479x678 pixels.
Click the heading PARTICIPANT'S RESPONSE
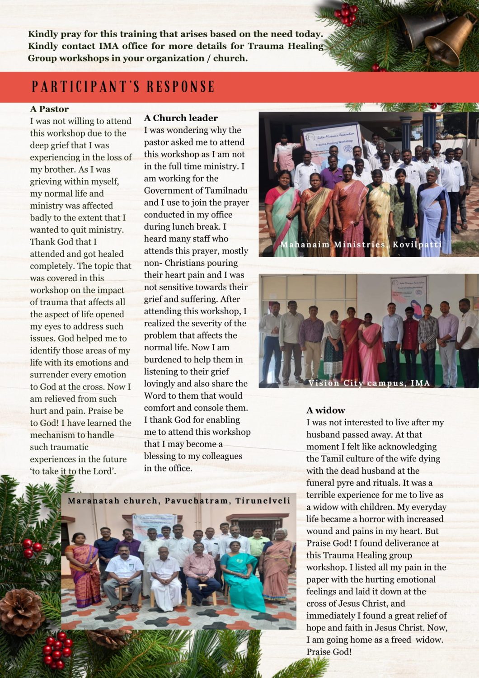(123, 86)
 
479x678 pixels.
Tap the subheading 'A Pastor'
(49, 109)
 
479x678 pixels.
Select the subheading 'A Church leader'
(181, 118)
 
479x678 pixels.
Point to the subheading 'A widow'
(325, 410)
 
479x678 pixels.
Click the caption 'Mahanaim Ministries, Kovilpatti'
(361, 245)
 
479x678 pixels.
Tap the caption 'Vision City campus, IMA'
(369, 383)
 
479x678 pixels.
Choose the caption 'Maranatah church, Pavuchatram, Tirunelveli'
(179, 501)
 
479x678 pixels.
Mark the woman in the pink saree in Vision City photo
(370, 344)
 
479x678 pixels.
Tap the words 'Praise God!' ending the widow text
(329, 652)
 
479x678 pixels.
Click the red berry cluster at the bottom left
(57, 651)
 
